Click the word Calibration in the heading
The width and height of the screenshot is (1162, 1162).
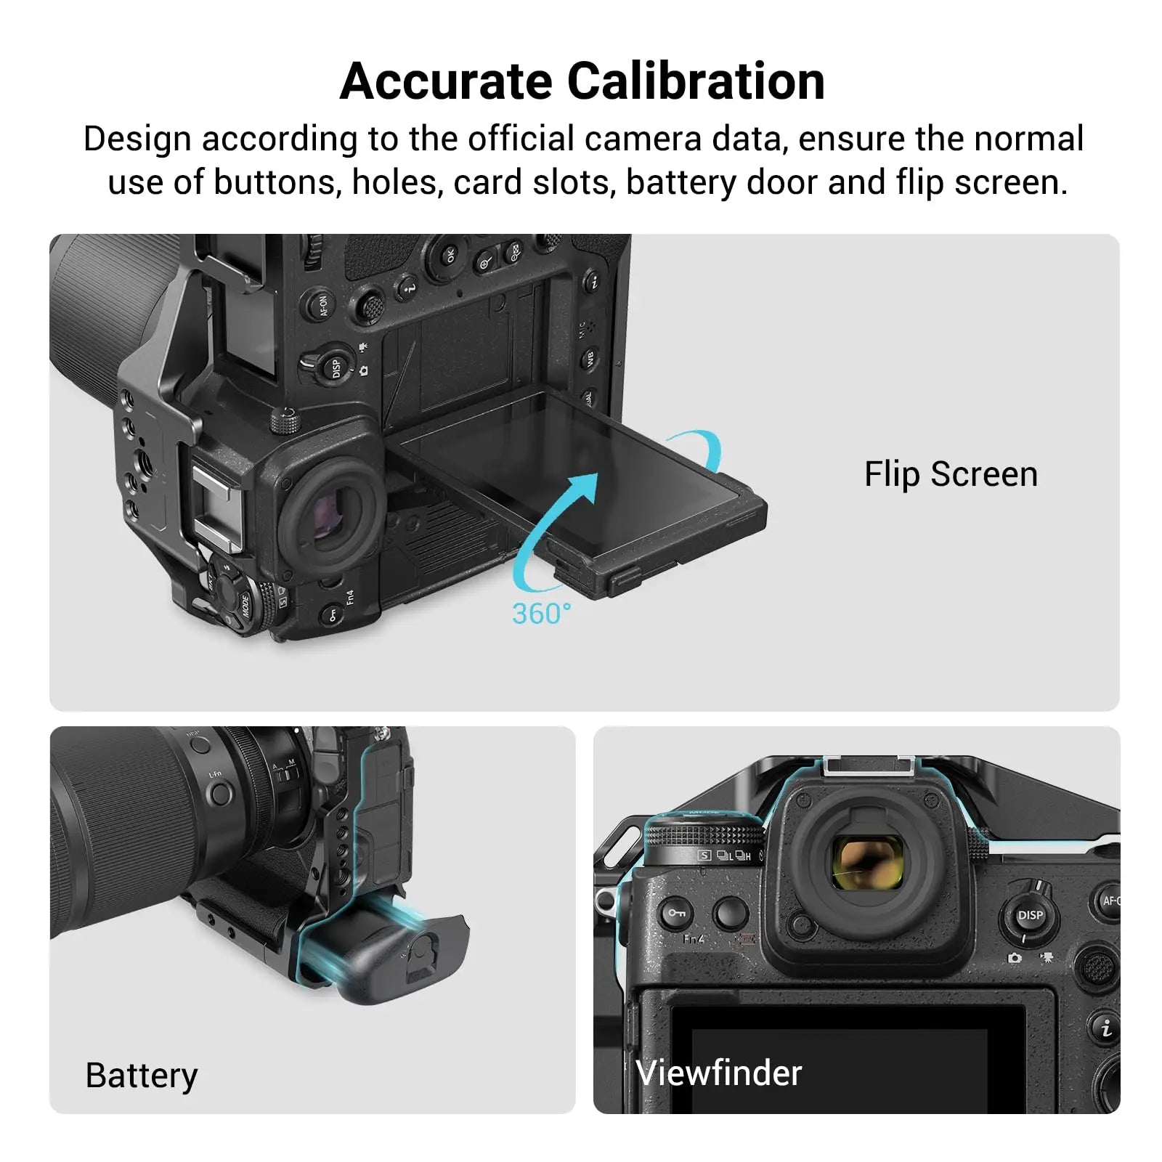(x=695, y=81)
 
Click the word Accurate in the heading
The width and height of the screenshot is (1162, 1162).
(x=445, y=81)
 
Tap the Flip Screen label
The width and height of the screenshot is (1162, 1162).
(x=950, y=474)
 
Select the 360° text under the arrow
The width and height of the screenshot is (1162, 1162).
(x=541, y=614)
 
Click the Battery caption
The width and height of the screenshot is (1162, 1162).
(x=141, y=1076)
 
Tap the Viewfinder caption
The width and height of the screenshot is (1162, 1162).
(x=718, y=1073)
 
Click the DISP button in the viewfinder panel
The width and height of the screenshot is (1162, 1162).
(x=1029, y=915)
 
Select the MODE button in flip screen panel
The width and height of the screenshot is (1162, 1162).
(x=242, y=603)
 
